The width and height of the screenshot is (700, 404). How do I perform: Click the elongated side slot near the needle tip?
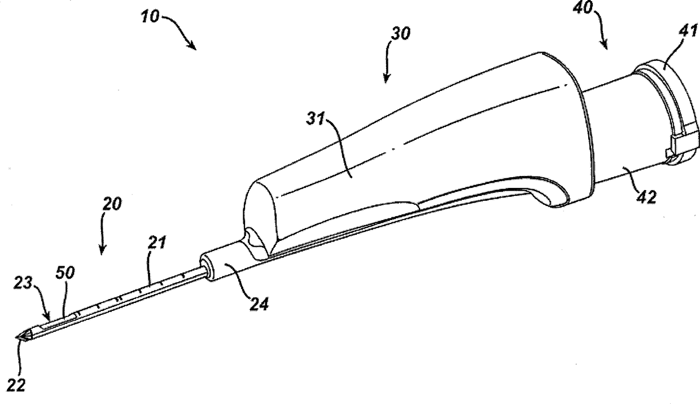(x=56, y=323)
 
